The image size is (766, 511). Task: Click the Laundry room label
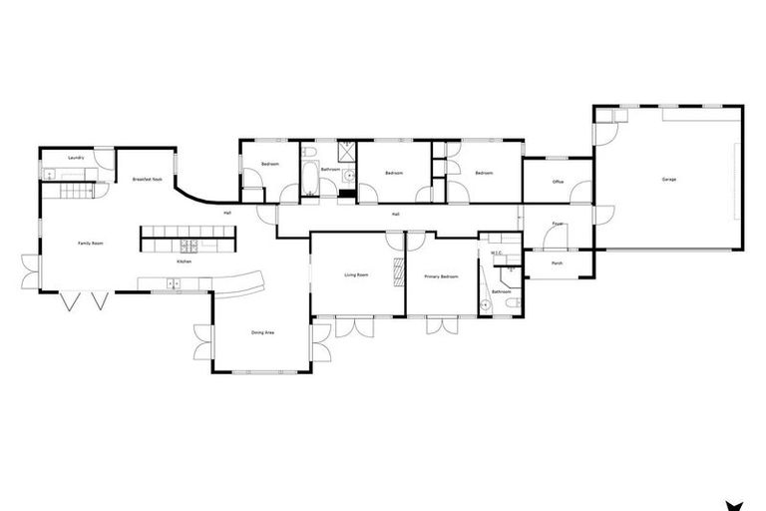76,158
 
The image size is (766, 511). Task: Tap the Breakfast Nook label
147,180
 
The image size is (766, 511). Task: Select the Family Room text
92,243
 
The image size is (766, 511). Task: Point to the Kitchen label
185,261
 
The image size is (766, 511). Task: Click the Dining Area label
263,332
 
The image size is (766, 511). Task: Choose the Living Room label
357,274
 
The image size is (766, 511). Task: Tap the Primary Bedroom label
441,276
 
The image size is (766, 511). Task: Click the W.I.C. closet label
495,254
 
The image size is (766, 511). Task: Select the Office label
558,182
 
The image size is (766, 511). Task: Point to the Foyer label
558,224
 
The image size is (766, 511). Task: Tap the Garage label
668,180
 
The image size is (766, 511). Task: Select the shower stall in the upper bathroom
348,151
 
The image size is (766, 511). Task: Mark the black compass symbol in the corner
737,502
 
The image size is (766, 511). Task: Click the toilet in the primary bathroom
511,303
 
